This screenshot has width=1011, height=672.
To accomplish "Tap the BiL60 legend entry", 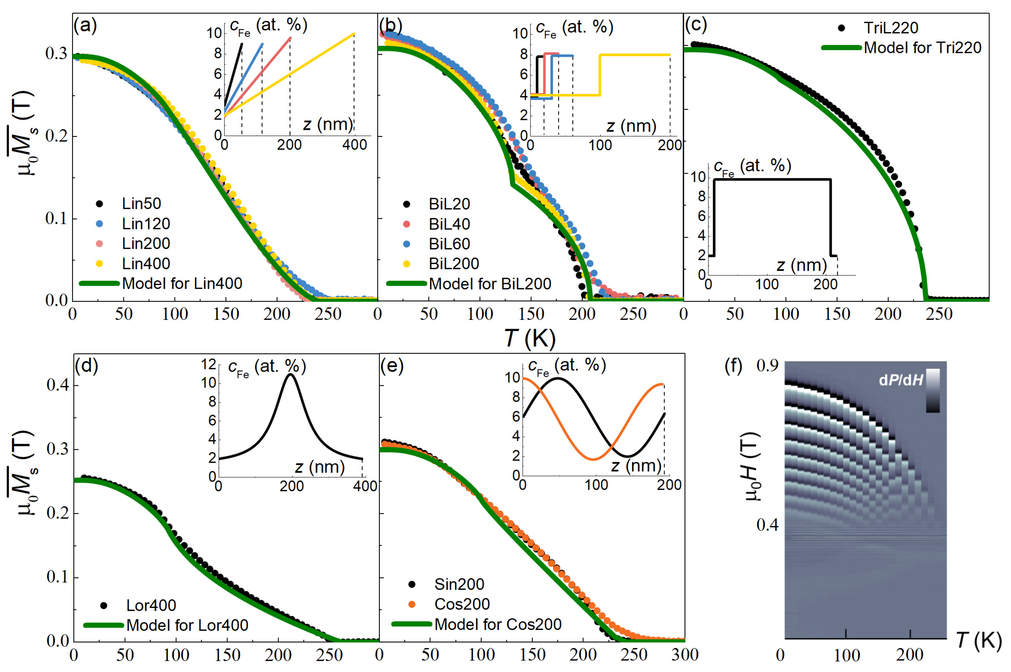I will click(449, 243).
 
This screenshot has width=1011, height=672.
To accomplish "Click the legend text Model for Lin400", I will click(182, 283).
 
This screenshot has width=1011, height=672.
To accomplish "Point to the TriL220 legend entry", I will click(891, 28).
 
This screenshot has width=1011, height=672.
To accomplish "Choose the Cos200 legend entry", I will click(462, 604).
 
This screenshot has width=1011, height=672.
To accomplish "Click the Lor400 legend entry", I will click(151, 605).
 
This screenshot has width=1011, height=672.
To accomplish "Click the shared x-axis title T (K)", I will click(529, 339).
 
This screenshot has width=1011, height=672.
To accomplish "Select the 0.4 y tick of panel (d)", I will click(58, 385).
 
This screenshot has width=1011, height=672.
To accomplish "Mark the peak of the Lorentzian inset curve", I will click(291, 374).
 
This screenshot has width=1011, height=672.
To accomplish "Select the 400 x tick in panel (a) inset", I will click(354, 145).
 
